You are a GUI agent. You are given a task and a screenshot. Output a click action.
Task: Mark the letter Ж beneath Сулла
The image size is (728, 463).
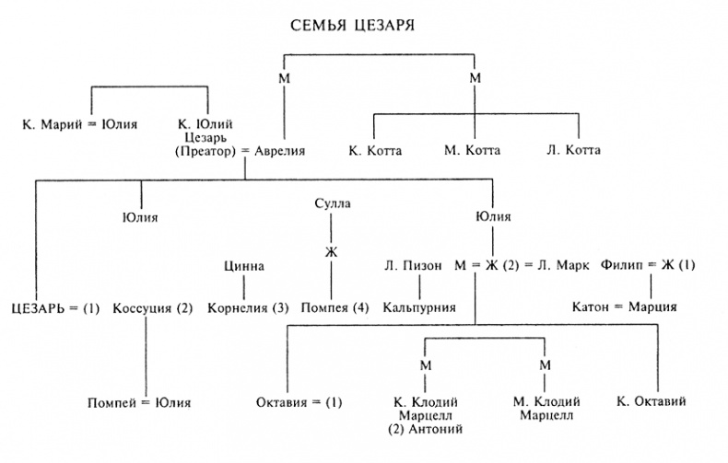point(332,249)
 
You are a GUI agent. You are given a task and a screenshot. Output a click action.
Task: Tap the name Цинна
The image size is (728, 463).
point(244,267)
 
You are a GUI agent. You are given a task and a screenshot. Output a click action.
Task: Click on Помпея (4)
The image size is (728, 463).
point(335,307)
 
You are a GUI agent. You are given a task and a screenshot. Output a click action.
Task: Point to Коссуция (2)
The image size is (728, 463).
point(153,307)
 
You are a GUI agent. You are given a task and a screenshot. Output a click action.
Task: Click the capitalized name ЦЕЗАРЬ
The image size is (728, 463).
point(40,307)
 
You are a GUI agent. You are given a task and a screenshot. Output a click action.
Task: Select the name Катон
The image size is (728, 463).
point(590,307)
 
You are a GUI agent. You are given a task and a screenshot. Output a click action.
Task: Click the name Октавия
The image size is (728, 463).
point(283,402)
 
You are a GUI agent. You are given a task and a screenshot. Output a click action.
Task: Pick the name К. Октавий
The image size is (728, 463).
point(652,402)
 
